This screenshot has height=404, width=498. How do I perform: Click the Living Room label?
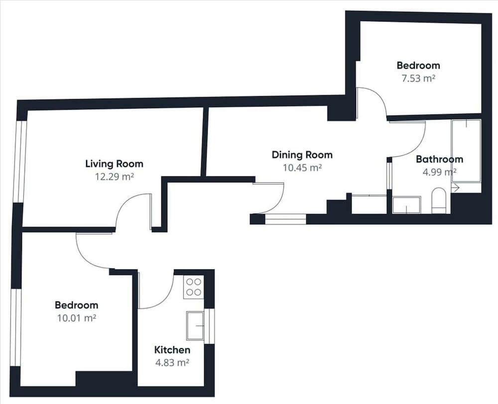115,163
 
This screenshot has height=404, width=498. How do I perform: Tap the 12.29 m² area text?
115,176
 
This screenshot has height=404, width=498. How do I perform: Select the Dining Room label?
302,155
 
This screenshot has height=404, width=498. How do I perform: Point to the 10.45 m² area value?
302,167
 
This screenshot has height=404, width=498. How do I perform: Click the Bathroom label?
440,159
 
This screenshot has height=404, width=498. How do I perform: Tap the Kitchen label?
172,350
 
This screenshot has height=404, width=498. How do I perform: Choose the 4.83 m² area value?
172,362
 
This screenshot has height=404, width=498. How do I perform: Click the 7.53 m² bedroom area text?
418,78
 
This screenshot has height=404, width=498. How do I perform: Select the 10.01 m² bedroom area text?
77,318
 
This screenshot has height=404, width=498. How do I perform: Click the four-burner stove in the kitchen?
193,287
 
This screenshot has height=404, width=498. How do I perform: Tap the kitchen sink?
195,326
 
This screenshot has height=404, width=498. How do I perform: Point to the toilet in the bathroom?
439,201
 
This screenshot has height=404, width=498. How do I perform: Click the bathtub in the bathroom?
466,151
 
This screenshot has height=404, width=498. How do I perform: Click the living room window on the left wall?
21,161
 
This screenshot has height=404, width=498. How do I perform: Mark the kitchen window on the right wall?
209,326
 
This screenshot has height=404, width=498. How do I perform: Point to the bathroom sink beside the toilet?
407,205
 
